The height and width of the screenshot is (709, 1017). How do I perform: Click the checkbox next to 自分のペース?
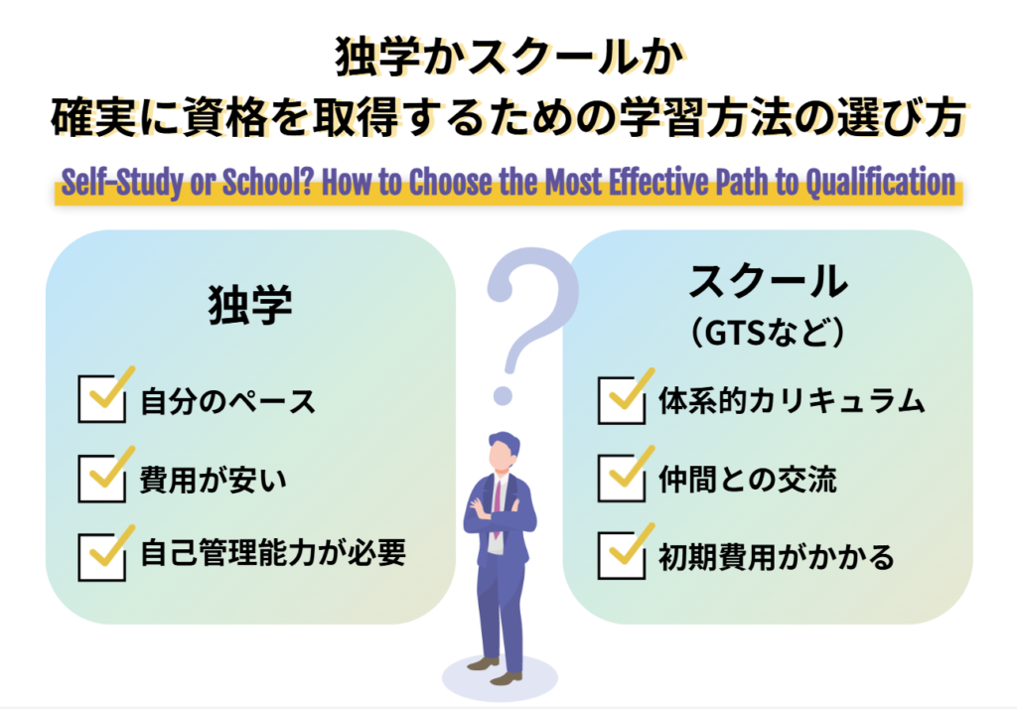coord(101,401)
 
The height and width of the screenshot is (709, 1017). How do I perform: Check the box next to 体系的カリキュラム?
coord(622,401)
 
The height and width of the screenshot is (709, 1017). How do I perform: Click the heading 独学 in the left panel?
coord(250,306)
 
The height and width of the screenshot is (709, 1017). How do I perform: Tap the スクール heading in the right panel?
coord(768,282)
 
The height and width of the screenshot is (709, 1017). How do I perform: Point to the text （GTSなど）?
coord(768,334)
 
